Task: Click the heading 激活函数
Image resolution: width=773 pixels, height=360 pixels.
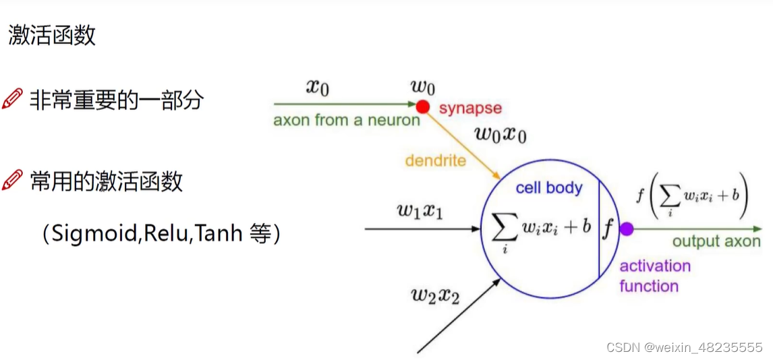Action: [x=53, y=35]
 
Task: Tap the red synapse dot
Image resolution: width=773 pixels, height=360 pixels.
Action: [x=423, y=106]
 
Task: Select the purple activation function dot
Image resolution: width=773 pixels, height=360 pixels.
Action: [x=627, y=229]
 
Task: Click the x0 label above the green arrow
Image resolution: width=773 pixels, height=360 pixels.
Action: [x=318, y=88]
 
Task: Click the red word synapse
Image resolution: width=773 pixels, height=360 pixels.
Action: [x=470, y=108]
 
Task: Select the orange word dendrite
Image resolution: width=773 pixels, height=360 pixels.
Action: [x=435, y=160]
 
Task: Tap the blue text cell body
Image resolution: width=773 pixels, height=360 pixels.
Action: [x=548, y=187]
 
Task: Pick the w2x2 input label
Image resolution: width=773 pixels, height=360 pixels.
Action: [x=435, y=295]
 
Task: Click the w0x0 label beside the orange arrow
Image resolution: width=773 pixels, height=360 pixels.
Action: [x=500, y=133]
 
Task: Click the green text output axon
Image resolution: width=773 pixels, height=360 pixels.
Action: [x=716, y=241]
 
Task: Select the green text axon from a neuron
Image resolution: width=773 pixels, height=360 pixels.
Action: [x=346, y=121]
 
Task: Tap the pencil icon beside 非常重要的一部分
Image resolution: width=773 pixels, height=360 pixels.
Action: [x=12, y=100]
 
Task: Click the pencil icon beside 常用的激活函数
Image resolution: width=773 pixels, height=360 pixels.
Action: [x=12, y=180]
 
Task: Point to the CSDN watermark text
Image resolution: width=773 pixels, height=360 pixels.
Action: [x=684, y=348]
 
